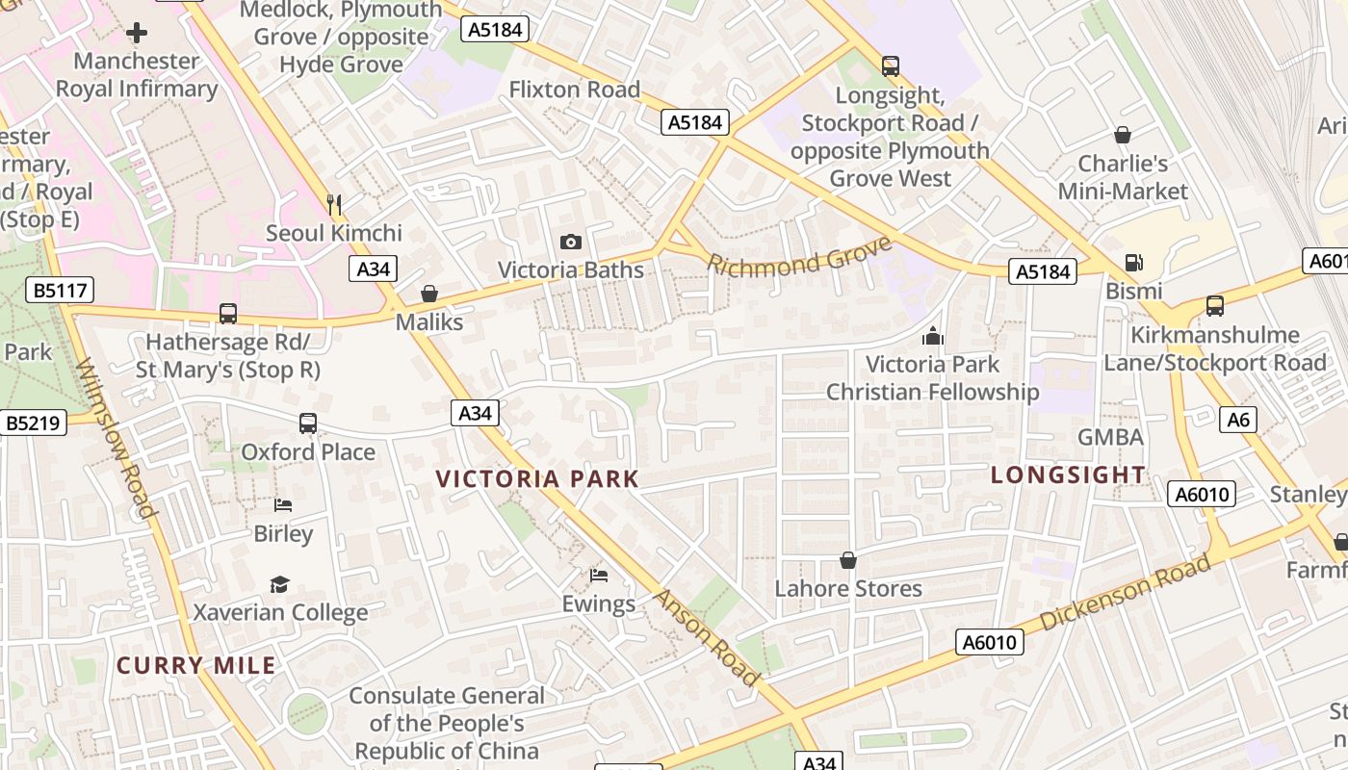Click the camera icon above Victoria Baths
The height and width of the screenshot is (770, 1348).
(x=571, y=242)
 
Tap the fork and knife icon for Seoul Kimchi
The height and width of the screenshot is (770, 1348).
(x=334, y=204)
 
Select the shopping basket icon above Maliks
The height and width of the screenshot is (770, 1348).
(x=429, y=294)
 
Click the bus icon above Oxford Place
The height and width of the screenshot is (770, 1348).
(x=308, y=423)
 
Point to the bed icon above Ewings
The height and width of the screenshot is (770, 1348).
(x=599, y=576)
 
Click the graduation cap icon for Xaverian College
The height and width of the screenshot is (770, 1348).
(x=280, y=584)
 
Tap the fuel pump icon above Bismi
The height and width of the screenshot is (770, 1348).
(x=1134, y=263)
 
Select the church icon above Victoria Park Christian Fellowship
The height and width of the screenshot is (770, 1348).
(x=932, y=336)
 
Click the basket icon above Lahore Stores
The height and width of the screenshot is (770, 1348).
(x=848, y=560)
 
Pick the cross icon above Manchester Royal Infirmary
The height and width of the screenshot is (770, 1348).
(x=137, y=33)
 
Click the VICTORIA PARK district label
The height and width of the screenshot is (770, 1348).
(x=537, y=478)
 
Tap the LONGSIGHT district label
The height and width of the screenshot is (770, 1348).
(x=1068, y=475)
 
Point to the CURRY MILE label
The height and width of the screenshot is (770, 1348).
(x=196, y=665)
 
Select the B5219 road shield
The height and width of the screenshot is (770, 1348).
(x=33, y=423)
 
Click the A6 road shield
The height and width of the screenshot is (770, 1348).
(x=1239, y=420)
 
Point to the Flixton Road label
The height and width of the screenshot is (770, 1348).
(x=574, y=90)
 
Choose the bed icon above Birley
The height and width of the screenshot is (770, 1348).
(x=283, y=504)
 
